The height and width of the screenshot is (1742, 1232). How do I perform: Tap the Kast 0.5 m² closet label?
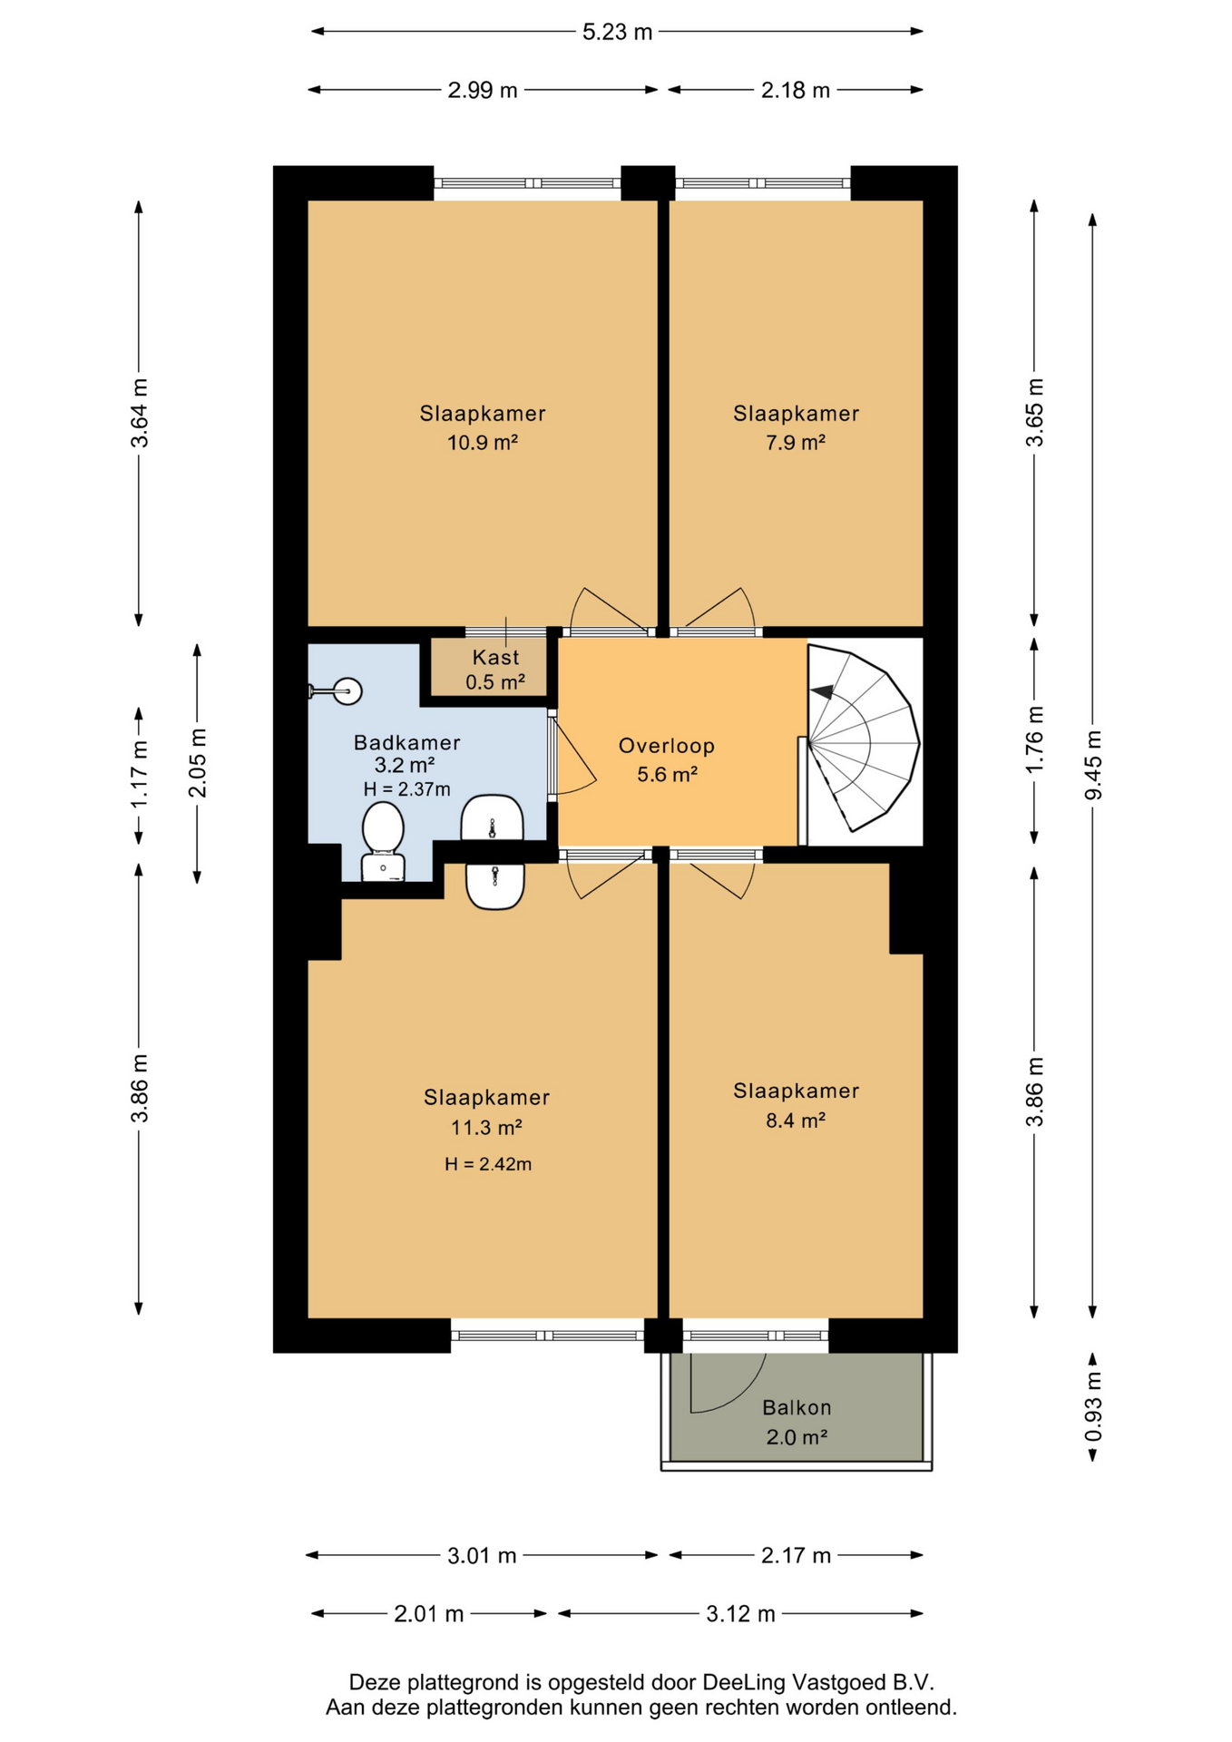pyautogui.click(x=495, y=670)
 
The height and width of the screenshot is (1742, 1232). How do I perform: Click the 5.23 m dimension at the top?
pyautogui.click(x=617, y=32)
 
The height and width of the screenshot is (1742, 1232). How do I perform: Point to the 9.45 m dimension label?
pyautogui.click(x=1093, y=765)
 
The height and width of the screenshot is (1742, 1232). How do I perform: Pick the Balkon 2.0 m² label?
pyautogui.click(x=797, y=1422)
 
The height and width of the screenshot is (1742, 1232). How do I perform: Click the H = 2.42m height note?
pyautogui.click(x=488, y=1164)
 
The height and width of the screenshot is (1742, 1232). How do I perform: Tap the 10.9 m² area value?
pyautogui.click(x=483, y=443)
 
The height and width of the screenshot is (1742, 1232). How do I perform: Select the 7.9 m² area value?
pyautogui.click(x=796, y=443)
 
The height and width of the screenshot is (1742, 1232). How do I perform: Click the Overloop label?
pyautogui.click(x=667, y=746)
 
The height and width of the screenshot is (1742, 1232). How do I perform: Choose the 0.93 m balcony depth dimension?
pyautogui.click(x=1093, y=1405)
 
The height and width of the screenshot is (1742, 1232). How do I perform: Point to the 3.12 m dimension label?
pyautogui.click(x=740, y=1614)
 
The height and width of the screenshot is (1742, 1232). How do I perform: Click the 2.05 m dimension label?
pyautogui.click(x=197, y=763)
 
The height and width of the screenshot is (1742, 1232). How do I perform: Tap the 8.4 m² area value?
pyautogui.click(x=796, y=1121)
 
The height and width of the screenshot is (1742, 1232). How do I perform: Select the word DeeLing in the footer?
pyautogui.click(x=744, y=1682)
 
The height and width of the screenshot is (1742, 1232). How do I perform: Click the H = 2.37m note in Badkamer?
pyautogui.click(x=407, y=789)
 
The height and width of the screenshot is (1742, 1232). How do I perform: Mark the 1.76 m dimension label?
pyautogui.click(x=1035, y=739)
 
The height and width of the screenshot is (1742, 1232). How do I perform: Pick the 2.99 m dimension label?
pyautogui.click(x=483, y=90)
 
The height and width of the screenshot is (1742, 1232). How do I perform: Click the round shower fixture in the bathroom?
pyautogui.click(x=347, y=691)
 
